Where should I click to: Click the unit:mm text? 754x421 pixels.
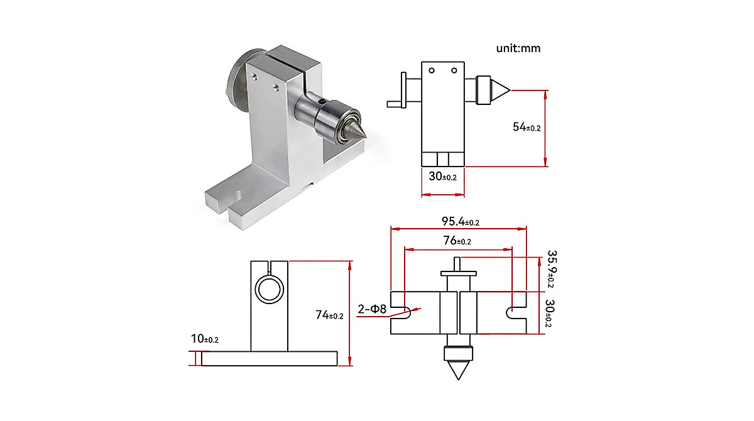click(x=518, y=48)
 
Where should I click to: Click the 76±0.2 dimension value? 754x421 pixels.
click(x=457, y=241)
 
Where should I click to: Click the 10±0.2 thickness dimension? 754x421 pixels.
click(x=204, y=340)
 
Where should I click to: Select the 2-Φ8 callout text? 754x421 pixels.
click(x=372, y=309)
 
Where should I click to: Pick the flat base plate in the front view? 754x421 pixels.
click(x=271, y=359)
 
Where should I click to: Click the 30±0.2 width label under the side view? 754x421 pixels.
click(x=442, y=177)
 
